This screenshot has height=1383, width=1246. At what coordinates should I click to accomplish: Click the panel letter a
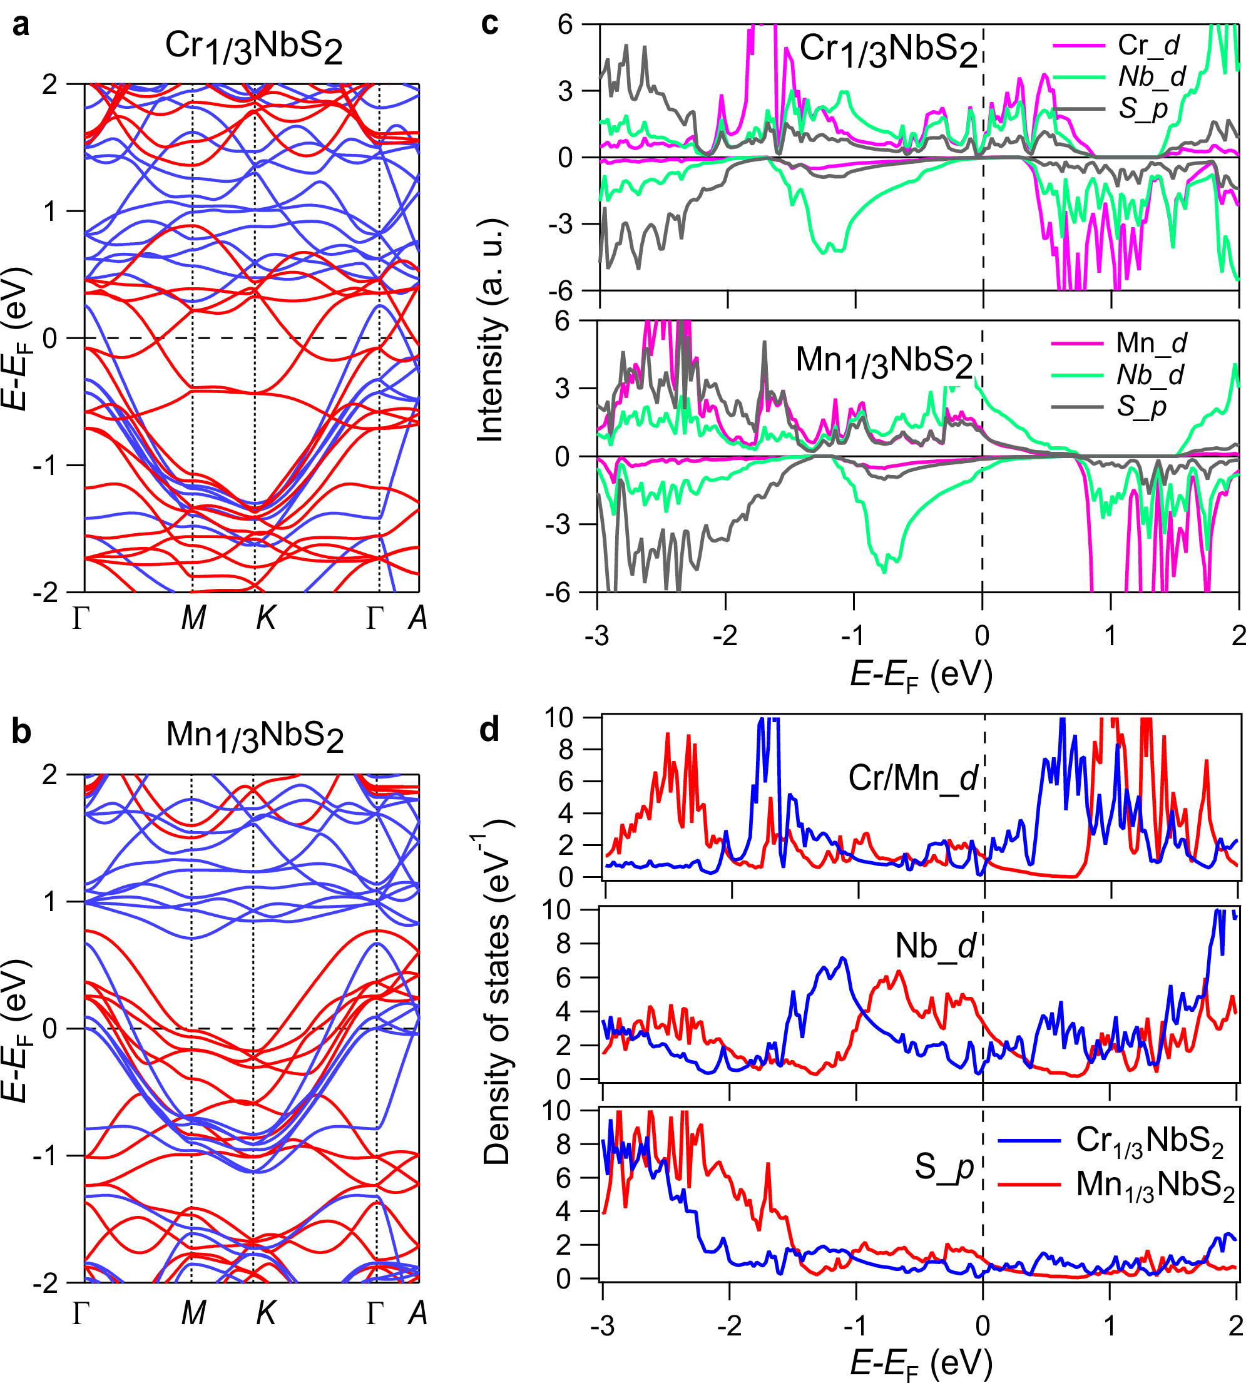[x=21, y=26]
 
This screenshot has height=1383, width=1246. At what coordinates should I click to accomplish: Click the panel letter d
[x=489, y=730]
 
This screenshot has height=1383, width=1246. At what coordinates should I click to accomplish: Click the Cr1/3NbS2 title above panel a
[x=253, y=48]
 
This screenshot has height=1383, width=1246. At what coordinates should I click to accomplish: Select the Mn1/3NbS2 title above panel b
[x=255, y=736]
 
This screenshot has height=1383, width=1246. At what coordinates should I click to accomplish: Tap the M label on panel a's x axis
[x=194, y=618]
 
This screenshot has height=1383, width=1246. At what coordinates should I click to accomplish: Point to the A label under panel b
[x=417, y=1313]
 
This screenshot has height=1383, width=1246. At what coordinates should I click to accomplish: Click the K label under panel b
[x=265, y=1313]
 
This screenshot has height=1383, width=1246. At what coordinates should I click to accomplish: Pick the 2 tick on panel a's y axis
[x=49, y=85]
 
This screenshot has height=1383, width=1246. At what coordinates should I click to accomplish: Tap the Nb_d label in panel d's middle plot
[x=935, y=946]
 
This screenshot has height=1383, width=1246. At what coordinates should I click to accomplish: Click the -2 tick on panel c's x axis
[x=725, y=636]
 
